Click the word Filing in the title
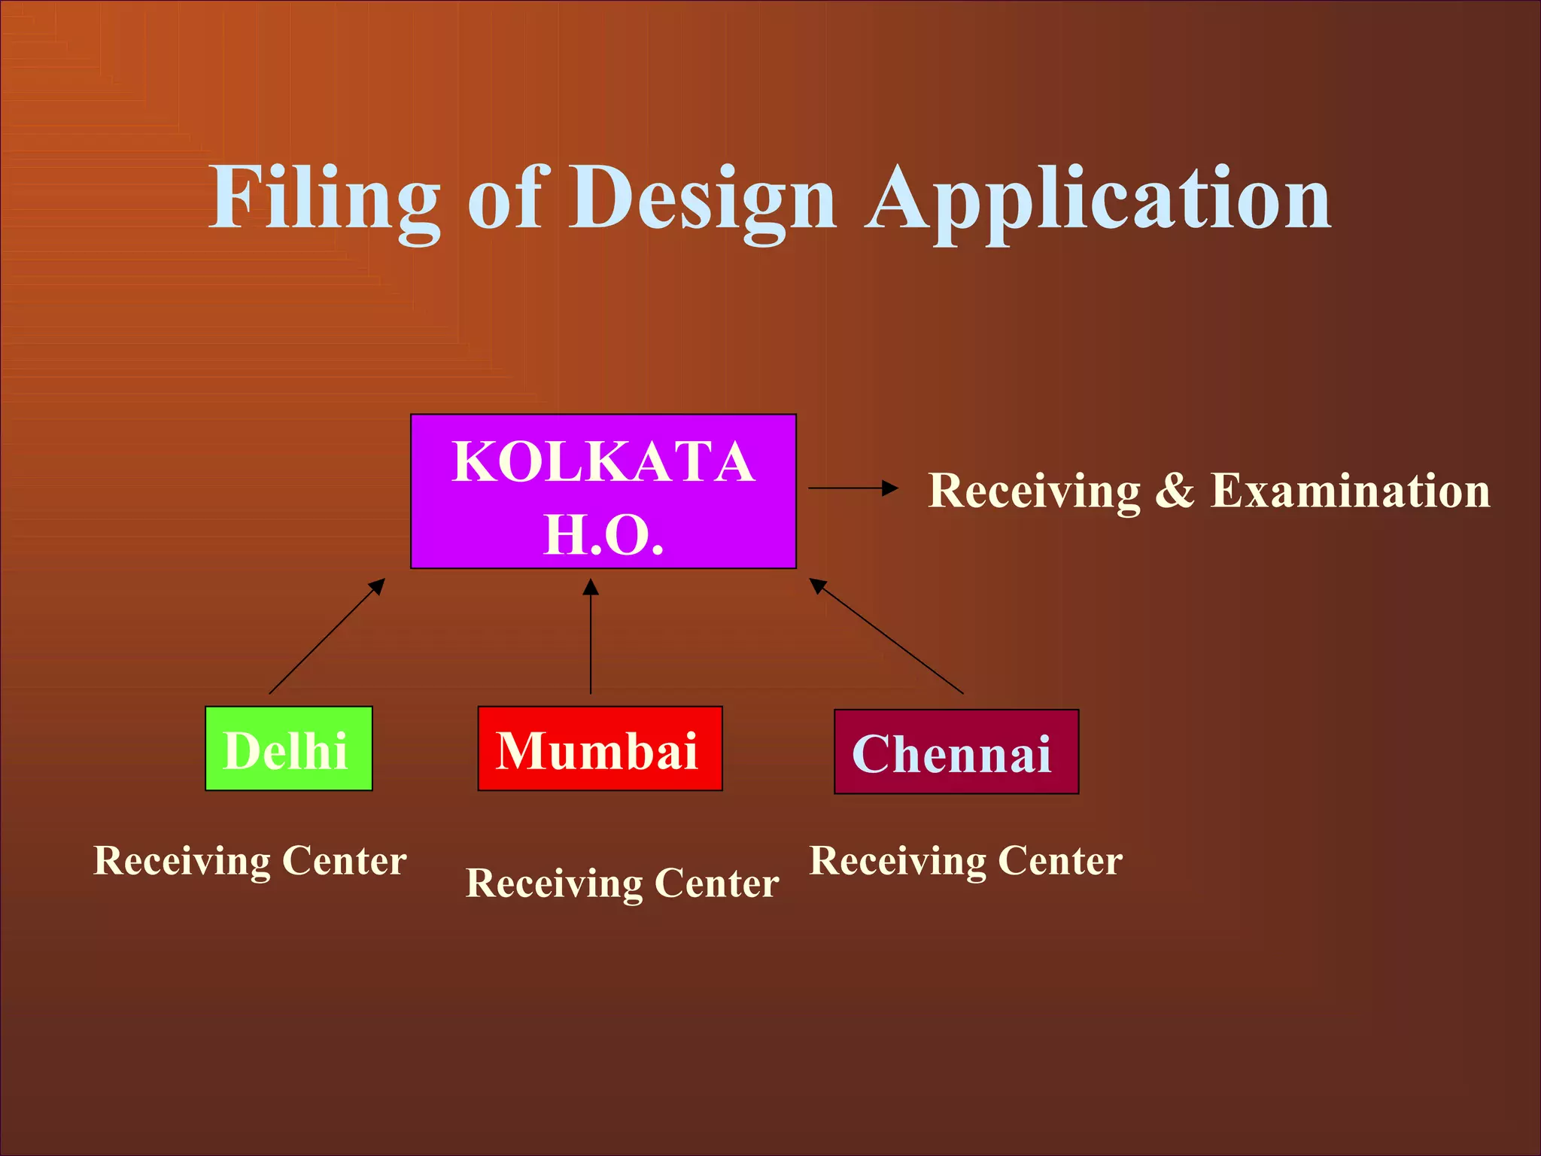pyautogui.click(x=324, y=199)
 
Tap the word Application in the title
pyautogui.click(x=1099, y=199)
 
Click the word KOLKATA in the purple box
pyautogui.click(x=603, y=462)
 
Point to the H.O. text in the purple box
pyautogui.click(x=603, y=535)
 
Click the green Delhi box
pyautogui.click(x=289, y=749)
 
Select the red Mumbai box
pyautogui.click(x=600, y=749)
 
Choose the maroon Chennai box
pyautogui.click(x=956, y=752)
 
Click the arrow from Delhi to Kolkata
pyautogui.click(x=327, y=636)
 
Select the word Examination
pyautogui.click(x=1350, y=491)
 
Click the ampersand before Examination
pyautogui.click(x=1175, y=491)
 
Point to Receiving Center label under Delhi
pyautogui.click(x=250, y=861)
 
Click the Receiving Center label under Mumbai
pyautogui.click(x=622, y=884)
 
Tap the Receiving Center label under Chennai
pyautogui.click(x=965, y=861)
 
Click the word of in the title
pyautogui.click(x=506, y=199)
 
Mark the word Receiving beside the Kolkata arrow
pyautogui.click(x=1034, y=491)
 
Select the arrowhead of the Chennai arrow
pyautogui.click(x=818, y=586)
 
